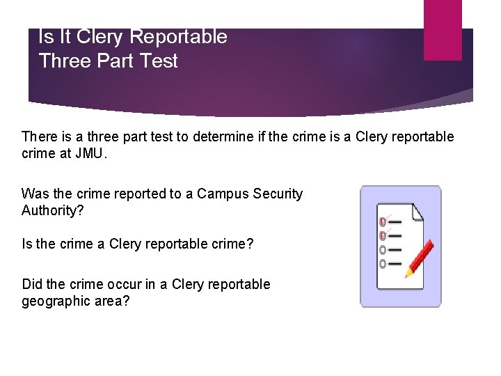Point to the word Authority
(49, 210)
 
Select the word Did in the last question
(32, 284)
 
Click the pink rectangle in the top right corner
(443, 29)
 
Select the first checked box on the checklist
(383, 221)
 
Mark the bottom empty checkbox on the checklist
(383, 264)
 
